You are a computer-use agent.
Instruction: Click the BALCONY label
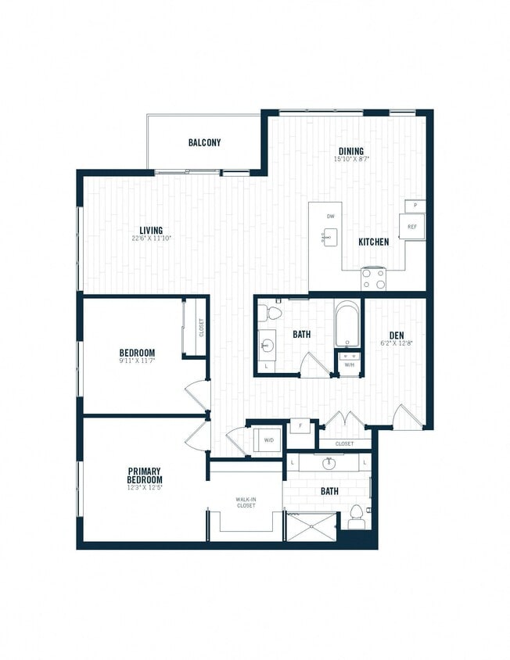click(x=204, y=143)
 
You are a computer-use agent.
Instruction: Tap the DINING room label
click(x=350, y=151)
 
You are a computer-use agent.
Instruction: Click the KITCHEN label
click(x=373, y=242)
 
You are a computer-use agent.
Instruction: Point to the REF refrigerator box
click(x=411, y=225)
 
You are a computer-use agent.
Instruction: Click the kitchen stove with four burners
click(x=373, y=278)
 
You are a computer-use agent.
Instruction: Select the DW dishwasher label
click(x=330, y=217)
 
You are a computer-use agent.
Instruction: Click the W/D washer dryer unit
click(x=268, y=440)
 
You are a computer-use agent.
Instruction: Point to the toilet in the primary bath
click(x=357, y=517)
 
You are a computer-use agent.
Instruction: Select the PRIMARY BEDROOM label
click(x=145, y=475)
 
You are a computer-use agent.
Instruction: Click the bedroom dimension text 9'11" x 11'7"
click(x=136, y=361)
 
